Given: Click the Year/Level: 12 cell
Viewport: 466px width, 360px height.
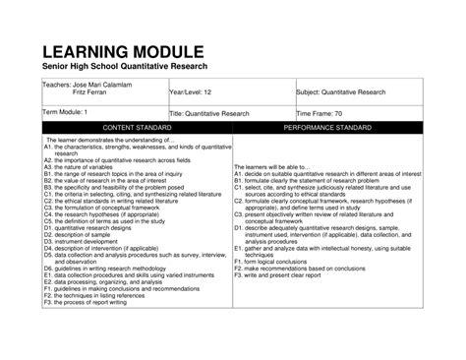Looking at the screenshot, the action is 191,92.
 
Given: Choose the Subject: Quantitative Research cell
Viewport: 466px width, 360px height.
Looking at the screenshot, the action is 341,92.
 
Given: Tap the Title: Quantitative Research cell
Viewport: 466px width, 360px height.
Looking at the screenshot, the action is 213,114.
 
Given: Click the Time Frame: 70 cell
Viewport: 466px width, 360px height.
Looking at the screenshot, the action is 324,114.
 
